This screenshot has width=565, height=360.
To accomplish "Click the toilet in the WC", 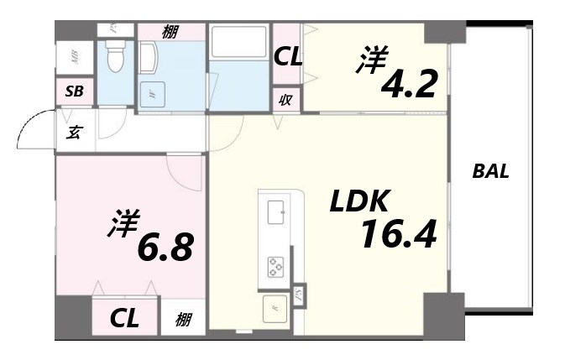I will tap(115, 57).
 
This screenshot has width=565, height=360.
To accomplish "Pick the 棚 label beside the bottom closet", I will tap(183, 320).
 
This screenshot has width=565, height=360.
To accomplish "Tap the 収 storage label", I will tap(285, 100).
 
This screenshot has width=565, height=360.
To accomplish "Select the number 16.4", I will tap(398, 235).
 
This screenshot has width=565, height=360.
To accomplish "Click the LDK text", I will tap(358, 201).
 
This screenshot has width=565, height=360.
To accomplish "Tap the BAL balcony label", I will tap(491, 171).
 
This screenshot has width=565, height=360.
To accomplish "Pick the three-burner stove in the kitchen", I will tap(276, 267).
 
